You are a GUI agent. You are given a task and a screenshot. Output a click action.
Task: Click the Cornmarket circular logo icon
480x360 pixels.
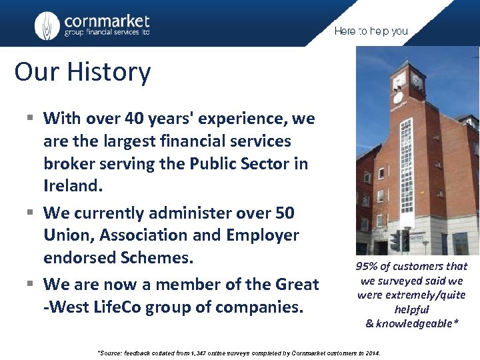(47, 26)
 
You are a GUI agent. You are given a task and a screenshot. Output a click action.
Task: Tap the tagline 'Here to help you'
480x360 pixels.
(371, 31)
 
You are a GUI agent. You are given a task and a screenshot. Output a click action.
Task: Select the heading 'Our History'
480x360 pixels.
(83, 72)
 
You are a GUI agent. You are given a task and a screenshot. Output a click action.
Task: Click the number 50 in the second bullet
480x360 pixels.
(285, 213)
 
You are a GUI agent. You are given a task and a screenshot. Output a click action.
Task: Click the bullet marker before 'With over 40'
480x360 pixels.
(31, 119)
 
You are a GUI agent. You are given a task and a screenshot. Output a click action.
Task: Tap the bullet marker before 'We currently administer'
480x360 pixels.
(31, 213)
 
